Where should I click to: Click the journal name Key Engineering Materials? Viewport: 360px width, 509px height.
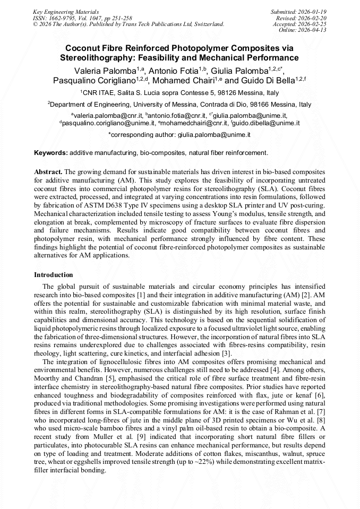click(x=66, y=11)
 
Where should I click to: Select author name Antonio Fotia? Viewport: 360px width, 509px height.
click(x=172, y=71)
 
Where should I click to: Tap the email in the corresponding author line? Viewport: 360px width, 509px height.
click(x=214, y=135)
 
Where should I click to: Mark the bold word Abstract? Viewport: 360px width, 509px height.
click(x=48, y=171)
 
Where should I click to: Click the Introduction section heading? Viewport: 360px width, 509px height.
click(x=54, y=275)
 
